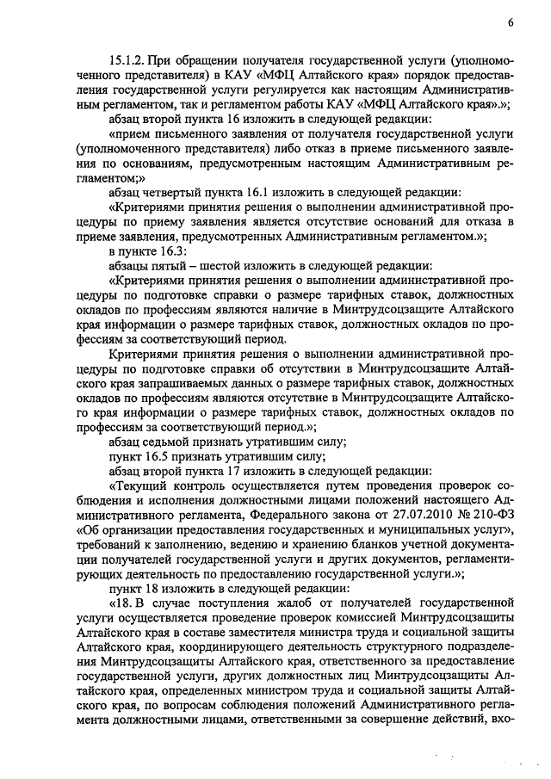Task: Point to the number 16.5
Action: (x=155, y=457)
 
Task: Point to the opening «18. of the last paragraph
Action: (x=122, y=604)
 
